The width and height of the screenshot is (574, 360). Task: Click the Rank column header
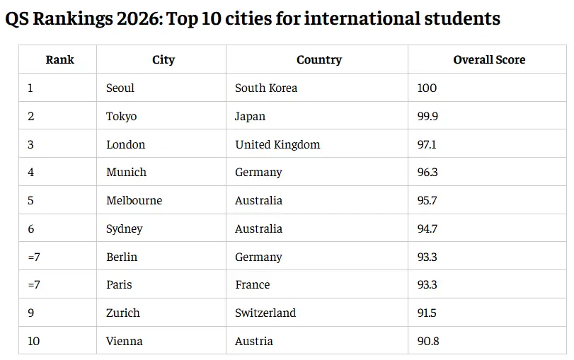pyautogui.click(x=59, y=60)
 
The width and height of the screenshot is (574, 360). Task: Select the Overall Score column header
pyautogui.click(x=489, y=60)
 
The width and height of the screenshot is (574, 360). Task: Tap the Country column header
pyautogui.click(x=318, y=60)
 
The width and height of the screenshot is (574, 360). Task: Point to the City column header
pyautogui.click(x=163, y=60)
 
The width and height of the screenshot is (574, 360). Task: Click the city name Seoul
pyautogui.click(x=120, y=88)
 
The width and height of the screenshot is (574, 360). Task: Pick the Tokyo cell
pyautogui.click(x=121, y=117)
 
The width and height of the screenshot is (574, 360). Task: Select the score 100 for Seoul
pyautogui.click(x=427, y=88)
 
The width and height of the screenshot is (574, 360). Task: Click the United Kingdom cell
pyautogui.click(x=277, y=145)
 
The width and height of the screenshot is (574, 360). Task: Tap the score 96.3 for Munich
pyautogui.click(x=427, y=173)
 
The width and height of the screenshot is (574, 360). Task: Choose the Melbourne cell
pyautogui.click(x=134, y=201)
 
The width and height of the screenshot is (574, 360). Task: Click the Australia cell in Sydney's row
pyautogui.click(x=258, y=229)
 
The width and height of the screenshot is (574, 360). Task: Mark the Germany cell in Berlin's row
pyautogui.click(x=258, y=257)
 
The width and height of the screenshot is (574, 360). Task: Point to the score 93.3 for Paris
pyautogui.click(x=427, y=285)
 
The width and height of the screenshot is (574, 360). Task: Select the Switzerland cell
pyautogui.click(x=265, y=313)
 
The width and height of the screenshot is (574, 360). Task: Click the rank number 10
pyautogui.click(x=34, y=342)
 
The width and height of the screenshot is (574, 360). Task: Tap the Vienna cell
pyautogui.click(x=124, y=342)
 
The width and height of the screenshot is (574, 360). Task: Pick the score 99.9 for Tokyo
pyautogui.click(x=427, y=117)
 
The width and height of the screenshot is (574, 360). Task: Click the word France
pyautogui.click(x=252, y=285)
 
